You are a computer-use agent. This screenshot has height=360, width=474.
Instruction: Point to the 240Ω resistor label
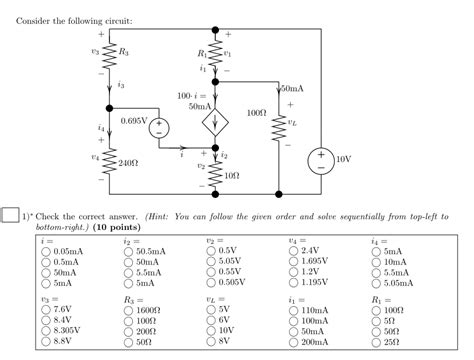127,160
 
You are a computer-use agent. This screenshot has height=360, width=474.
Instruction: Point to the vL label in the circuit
291,123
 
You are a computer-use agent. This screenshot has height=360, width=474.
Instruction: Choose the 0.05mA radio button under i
46,252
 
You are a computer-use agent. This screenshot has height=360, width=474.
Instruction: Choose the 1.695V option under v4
294,262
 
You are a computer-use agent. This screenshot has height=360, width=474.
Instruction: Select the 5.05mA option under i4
376,283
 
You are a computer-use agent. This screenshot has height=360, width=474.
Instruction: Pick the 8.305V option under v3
46,330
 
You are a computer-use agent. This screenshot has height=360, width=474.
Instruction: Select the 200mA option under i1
294,341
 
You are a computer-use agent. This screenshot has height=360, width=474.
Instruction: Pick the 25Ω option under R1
376,341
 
